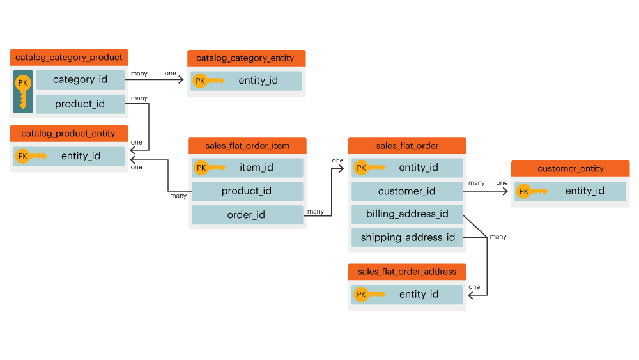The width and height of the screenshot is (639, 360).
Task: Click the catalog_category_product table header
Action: click(69, 58)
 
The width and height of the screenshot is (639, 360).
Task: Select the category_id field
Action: click(81, 80)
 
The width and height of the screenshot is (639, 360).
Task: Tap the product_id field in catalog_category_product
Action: click(81, 104)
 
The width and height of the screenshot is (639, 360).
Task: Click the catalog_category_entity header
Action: click(246, 58)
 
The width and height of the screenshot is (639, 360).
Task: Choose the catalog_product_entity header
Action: click(68, 134)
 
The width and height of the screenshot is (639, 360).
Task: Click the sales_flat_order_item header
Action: click(247, 146)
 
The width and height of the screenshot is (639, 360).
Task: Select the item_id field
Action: click(247, 168)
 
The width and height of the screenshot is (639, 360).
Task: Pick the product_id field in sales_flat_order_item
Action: click(247, 191)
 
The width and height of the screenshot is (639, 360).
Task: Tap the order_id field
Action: click(247, 215)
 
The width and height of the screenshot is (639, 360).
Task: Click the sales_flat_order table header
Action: click(407, 146)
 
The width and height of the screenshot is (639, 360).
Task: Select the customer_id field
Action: click(407, 191)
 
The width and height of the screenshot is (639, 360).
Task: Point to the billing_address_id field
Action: click(407, 214)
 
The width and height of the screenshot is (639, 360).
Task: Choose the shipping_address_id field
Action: click(407, 238)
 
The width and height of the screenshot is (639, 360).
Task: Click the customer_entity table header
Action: click(570, 169)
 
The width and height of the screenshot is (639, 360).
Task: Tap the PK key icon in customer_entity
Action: click(532, 191)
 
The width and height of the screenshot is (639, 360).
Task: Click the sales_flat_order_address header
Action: click(407, 272)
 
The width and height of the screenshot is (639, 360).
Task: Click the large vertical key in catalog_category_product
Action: click(23, 91)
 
